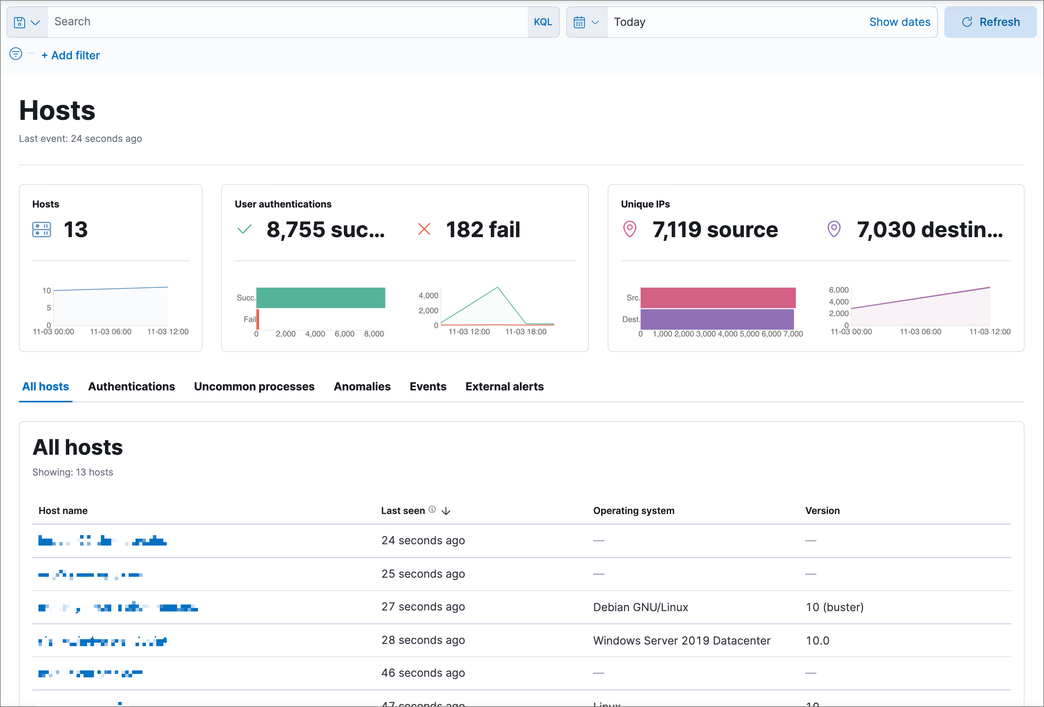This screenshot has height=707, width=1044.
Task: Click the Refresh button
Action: point(990,22)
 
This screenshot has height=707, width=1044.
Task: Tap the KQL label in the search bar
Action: point(543,22)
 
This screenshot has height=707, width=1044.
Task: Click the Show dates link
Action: point(899,22)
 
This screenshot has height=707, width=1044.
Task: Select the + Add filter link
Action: point(71,55)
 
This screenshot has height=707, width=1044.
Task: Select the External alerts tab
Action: point(504,387)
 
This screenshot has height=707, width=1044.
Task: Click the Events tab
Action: point(428,387)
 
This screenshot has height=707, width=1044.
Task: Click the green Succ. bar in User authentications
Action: point(320,298)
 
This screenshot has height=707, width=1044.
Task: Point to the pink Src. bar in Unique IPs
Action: point(717,298)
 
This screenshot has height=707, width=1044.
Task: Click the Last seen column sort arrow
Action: point(446,511)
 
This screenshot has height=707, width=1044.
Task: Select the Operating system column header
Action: point(633,511)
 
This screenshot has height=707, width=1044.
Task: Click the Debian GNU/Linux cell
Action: point(640,607)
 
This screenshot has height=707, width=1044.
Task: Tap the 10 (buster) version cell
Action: point(834,607)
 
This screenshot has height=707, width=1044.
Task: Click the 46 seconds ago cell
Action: point(423,673)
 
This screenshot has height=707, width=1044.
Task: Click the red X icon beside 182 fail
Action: point(424,229)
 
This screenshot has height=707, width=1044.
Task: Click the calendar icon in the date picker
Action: point(579,22)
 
